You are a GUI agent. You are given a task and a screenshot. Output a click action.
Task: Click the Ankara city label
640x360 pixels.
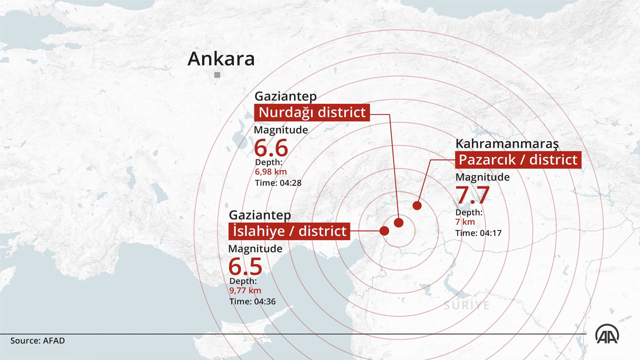click(x=221, y=59)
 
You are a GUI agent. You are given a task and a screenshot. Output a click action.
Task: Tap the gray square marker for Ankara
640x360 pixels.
click(x=217, y=75)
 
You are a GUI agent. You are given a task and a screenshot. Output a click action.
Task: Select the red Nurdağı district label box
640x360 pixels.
click(x=312, y=112)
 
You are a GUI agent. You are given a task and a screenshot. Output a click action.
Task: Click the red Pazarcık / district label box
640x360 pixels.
click(x=518, y=159)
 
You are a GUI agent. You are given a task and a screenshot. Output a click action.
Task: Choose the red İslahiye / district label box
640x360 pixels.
click(x=288, y=231)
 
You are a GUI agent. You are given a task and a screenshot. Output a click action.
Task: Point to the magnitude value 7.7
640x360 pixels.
click(x=472, y=195)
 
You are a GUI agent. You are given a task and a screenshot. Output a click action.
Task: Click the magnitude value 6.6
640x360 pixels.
click(x=271, y=148)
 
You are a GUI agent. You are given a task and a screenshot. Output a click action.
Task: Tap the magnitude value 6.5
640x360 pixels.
click(x=245, y=266)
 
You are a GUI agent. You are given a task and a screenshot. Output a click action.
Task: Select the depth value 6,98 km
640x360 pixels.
click(x=271, y=172)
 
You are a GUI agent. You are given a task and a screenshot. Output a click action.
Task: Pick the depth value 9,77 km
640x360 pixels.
click(x=245, y=290)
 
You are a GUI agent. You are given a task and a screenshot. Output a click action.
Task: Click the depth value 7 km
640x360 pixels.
click(x=465, y=222)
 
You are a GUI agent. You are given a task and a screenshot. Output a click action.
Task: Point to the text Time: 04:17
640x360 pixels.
click(x=478, y=233)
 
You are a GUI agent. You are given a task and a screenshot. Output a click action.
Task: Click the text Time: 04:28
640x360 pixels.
click(x=278, y=183)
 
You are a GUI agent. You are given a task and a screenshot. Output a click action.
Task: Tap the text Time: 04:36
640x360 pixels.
click(x=252, y=301)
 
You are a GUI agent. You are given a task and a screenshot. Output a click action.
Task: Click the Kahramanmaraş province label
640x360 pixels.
click(x=506, y=144)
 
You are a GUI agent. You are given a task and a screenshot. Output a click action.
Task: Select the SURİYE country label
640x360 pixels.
click(x=466, y=305)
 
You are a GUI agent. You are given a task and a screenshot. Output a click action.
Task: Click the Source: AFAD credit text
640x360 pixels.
click(x=37, y=340)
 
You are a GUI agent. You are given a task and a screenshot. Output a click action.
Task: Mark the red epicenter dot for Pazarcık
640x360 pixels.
click(x=416, y=205)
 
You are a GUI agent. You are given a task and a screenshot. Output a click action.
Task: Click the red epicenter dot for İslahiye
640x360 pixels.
click(x=384, y=231)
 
